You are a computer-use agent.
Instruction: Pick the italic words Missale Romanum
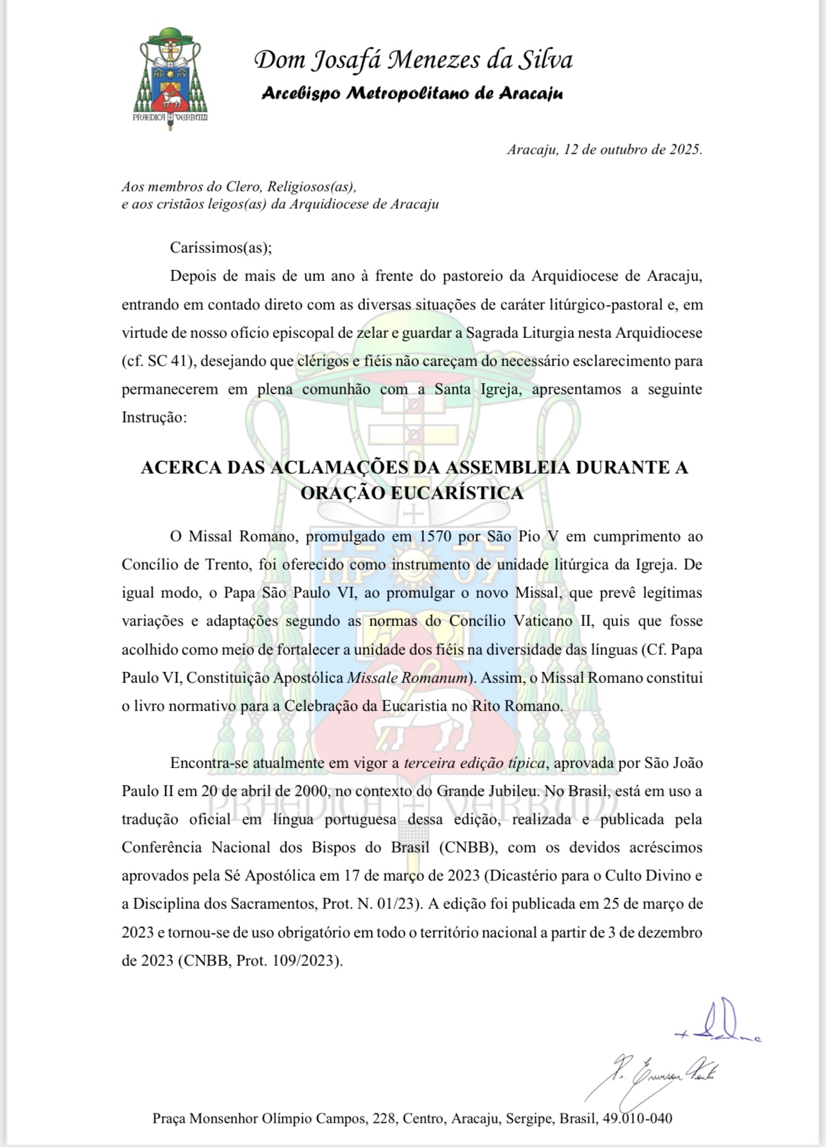tap(407, 678)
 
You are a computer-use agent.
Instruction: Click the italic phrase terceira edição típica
tap(474, 763)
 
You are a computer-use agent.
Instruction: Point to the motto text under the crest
tap(170, 118)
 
